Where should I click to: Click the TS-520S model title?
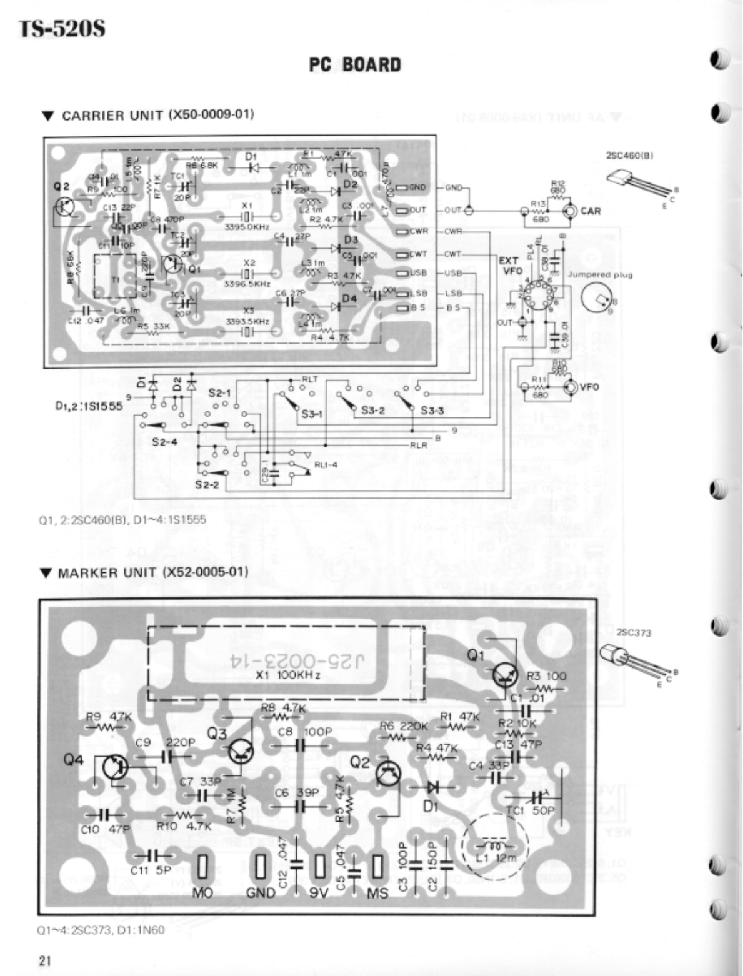[61, 29]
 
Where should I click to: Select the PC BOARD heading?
[354, 65]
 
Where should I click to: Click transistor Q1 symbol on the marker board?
[504, 674]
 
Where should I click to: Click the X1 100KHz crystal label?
[289, 676]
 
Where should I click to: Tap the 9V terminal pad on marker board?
[321, 867]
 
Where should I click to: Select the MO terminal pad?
[202, 867]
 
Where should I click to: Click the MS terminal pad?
[377, 867]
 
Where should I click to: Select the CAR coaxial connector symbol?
[570, 211]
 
